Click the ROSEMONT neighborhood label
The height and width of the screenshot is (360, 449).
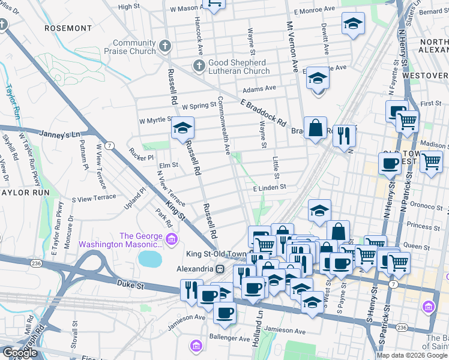click(x=68, y=28)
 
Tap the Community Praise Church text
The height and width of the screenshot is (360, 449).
click(x=134, y=47)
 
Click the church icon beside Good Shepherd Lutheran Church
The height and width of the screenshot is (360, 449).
click(x=199, y=64)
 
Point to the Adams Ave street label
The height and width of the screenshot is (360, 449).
click(x=259, y=88)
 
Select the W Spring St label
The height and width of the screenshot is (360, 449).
click(x=199, y=105)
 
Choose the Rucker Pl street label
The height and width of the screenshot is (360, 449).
click(x=142, y=157)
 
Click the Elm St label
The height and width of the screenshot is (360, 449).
click(x=168, y=164)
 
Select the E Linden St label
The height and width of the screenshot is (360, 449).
click(x=270, y=188)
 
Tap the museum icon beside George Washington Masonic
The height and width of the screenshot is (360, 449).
click(x=172, y=241)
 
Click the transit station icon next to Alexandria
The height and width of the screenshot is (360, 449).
click(x=220, y=268)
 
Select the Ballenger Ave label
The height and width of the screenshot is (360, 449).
click(x=229, y=339)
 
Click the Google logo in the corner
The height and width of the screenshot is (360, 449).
click(x=19, y=353)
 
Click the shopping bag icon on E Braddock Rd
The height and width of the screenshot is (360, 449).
click(x=315, y=128)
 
